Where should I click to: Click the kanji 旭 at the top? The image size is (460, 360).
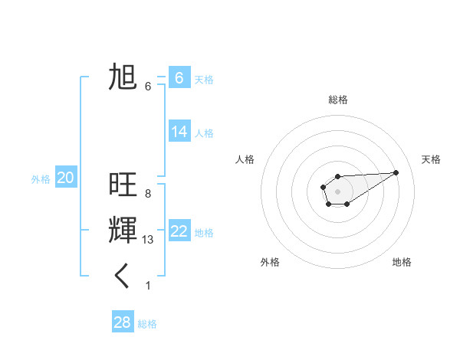123,77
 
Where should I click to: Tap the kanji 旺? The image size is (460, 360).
123,185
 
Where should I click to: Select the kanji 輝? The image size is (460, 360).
123,231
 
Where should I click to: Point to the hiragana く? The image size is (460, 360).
123,277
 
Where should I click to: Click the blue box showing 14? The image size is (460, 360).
179,132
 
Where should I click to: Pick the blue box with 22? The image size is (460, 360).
179,231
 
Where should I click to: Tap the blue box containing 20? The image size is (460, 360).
65,178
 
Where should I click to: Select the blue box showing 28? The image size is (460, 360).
123,322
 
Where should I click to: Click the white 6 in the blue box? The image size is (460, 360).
179,77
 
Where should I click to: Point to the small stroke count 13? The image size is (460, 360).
148,240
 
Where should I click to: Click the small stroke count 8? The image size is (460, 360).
148,194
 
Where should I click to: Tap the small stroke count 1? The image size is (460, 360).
148,286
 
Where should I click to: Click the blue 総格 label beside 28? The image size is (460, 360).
147,324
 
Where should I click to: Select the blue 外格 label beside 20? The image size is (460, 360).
41,179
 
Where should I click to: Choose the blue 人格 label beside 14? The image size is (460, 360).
204,133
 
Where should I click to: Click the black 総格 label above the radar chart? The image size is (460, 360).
337,100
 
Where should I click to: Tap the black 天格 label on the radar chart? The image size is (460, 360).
431,159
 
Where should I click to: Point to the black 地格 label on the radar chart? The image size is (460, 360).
402,262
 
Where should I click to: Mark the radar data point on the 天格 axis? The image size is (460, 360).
396,172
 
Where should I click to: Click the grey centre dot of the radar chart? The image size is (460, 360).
337,191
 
